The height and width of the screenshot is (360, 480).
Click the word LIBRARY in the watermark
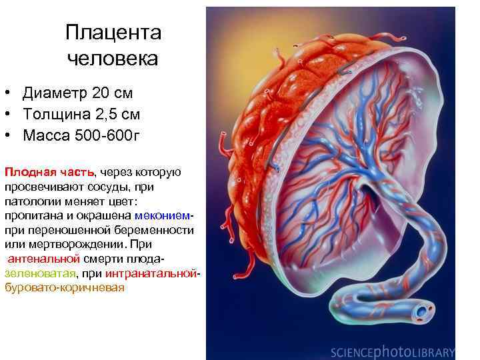[x=432, y=352]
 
